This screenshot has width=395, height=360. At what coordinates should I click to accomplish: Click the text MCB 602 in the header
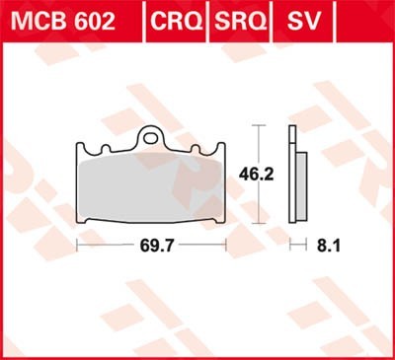[x=64, y=20]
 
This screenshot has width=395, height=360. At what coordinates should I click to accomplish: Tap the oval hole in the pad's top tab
[x=151, y=137]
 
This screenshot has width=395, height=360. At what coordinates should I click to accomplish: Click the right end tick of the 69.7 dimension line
[x=225, y=242]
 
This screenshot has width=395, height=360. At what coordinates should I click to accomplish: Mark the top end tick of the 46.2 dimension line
[x=258, y=126]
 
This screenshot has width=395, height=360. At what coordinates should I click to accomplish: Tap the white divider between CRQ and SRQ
[x=204, y=20]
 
